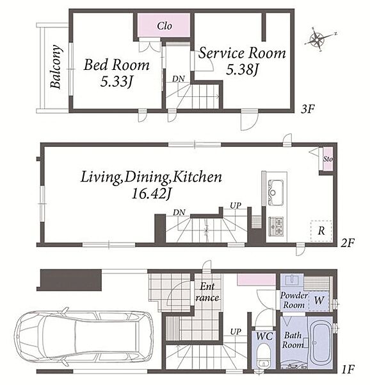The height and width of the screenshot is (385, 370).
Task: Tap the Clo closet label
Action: coord(165,26)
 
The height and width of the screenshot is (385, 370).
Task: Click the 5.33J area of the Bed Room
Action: coord(117,81)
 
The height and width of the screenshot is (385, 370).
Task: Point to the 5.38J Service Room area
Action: coord(242,70)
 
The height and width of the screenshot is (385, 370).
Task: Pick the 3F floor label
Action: coord(307,109)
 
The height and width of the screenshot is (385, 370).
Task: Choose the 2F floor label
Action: coord(348,243)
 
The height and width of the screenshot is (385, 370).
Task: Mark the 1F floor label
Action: coord(348,369)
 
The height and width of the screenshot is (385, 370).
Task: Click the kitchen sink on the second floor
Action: coord(276,193)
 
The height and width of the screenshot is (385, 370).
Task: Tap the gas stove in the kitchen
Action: coord(277,227)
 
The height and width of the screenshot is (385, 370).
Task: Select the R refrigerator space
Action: coord(321,231)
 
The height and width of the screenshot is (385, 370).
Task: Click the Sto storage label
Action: coord(328,159)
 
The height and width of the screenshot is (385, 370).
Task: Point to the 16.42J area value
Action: coord(152,194)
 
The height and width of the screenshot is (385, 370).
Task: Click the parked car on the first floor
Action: coord(83,336)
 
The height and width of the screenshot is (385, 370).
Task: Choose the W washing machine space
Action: coord(319,300)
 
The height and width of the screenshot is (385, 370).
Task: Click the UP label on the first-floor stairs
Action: coord(236,332)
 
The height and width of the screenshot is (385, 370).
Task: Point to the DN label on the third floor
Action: coord(179,79)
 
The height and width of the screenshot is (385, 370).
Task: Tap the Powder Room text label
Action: coord(294,300)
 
